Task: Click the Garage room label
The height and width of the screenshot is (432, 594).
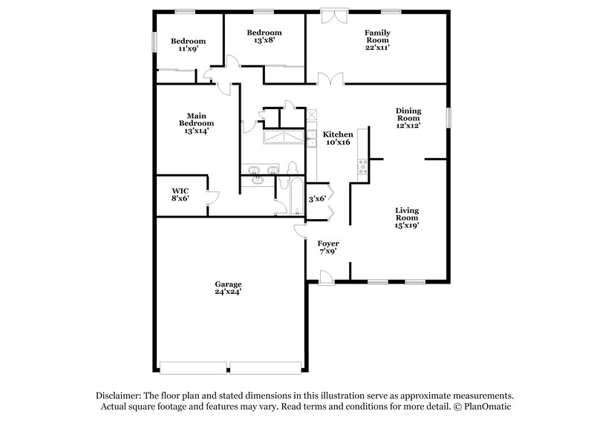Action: [229, 284]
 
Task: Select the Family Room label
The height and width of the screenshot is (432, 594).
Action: [377, 37]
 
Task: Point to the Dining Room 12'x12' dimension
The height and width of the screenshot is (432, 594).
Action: [408, 126]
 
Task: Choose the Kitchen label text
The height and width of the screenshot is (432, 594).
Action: [338, 134]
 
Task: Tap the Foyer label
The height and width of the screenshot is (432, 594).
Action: [327, 243]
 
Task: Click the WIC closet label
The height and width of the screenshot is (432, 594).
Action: [180, 191]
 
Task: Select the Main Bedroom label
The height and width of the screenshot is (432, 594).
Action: [196, 119]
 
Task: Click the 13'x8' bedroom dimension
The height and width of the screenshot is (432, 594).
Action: [264, 42]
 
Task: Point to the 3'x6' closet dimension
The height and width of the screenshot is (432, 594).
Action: [317, 198]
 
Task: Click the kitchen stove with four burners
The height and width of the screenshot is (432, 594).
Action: [363, 168]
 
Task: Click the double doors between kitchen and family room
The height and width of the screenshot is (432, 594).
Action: [328, 79]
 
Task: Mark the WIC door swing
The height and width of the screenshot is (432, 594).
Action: [212, 197]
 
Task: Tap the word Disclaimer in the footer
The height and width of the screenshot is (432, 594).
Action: [121, 396]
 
